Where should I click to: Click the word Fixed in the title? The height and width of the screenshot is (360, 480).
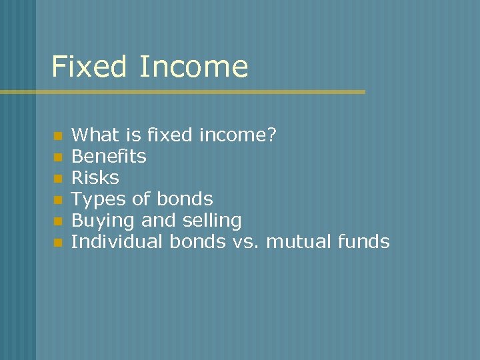click(89, 67)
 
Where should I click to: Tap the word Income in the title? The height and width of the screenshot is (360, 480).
click(194, 67)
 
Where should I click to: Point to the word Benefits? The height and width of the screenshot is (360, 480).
click(109, 157)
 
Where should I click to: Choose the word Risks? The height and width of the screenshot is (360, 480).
click(95, 178)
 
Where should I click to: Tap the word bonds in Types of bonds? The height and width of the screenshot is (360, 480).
click(185, 199)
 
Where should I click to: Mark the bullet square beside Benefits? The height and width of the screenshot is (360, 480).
click(58, 157)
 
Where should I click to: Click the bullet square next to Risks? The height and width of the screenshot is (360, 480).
click(58, 179)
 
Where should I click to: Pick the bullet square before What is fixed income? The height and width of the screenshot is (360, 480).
click(58, 136)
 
